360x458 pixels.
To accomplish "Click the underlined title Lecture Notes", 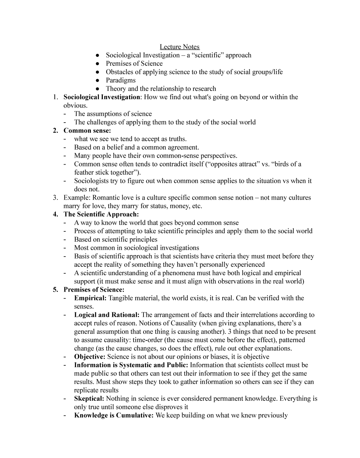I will (179, 47).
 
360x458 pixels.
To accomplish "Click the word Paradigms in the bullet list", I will (121, 80).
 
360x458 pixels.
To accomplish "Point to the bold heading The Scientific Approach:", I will (101, 214).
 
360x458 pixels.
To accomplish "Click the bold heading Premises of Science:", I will (94, 290).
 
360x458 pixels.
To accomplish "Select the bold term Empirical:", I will (90, 298).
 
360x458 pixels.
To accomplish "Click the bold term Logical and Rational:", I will (107, 315).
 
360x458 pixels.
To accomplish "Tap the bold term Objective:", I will (90, 357).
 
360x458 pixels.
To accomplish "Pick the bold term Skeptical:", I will (89, 399).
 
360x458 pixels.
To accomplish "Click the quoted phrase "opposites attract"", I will (231, 164).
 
